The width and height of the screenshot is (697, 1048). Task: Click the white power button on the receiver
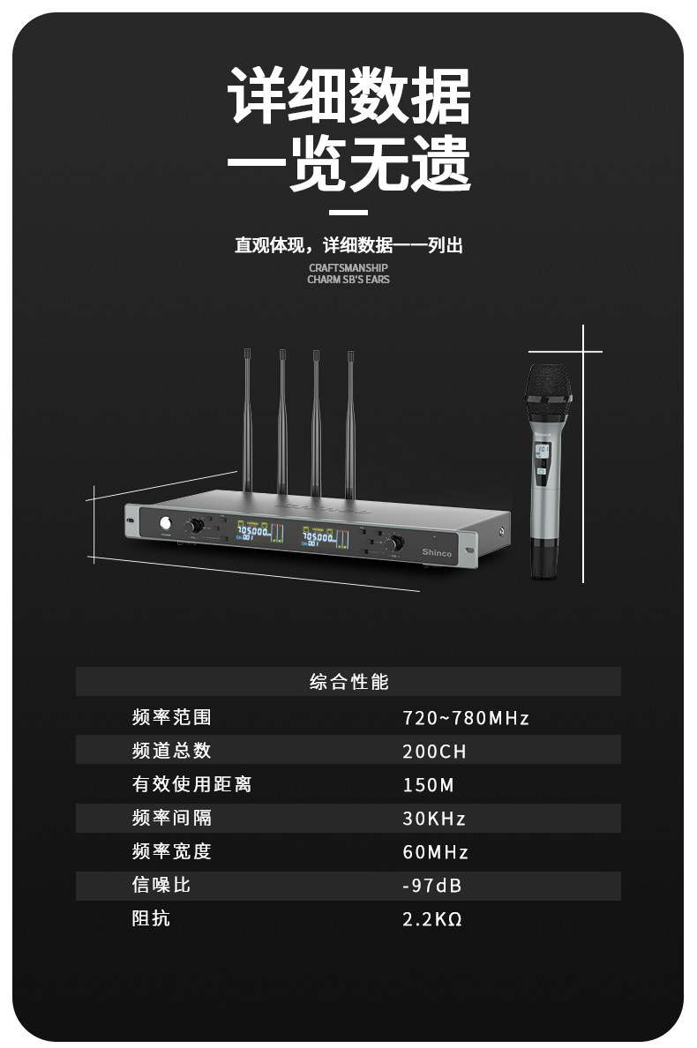point(164,524)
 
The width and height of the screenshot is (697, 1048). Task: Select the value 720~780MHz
point(466,718)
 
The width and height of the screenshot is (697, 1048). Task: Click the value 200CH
point(434,752)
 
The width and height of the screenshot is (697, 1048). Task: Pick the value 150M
point(429,785)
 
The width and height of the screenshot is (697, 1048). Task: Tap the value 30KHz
point(434,819)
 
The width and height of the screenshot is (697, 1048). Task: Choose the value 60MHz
point(436,852)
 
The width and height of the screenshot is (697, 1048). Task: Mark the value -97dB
point(432,886)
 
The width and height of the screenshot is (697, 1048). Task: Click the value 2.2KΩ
point(432,919)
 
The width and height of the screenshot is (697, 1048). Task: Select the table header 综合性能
point(348,682)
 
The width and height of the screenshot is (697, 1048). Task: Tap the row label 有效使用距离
point(192,785)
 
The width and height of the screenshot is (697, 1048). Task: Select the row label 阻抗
point(152,919)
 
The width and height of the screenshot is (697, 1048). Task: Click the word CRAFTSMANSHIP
point(348,267)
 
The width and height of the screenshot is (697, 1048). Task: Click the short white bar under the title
point(348,213)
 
